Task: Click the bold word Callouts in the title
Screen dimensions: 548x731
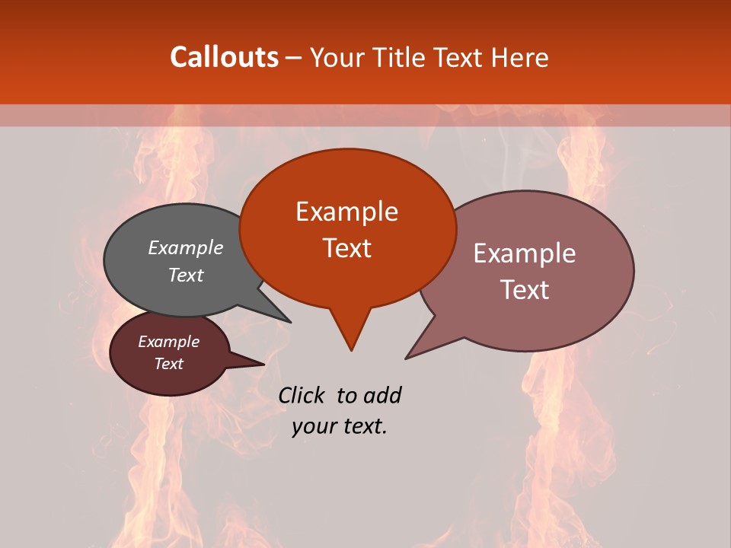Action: pos(224,57)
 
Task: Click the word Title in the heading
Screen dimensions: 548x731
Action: pos(396,57)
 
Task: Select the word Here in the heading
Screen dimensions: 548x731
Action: pos(520,57)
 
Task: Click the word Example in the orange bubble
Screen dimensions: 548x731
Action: pos(346,212)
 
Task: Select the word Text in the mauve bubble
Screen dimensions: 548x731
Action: pos(525,289)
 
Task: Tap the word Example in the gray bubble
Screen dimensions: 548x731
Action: pos(186,248)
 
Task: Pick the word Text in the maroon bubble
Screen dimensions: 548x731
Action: pos(169,364)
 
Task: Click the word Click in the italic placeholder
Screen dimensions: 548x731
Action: pos(302,395)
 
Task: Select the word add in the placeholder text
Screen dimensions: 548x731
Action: pos(381,395)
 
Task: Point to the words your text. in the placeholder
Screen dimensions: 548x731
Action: pos(340,426)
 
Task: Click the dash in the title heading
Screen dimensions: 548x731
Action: pos(295,58)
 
